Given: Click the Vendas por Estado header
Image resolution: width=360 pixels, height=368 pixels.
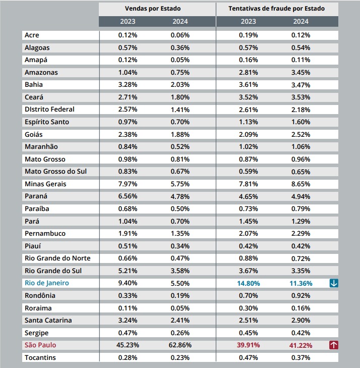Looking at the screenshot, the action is point(153,9).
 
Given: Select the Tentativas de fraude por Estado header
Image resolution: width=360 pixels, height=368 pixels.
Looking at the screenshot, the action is point(277,9).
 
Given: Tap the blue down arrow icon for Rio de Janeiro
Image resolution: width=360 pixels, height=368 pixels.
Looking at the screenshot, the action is point(334,283).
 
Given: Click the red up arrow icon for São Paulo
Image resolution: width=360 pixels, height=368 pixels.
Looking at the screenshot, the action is point(334,345).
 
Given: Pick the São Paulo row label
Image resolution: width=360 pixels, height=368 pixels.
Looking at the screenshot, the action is point(40,345).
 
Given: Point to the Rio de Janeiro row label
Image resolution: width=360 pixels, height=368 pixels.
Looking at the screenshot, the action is point(47,283).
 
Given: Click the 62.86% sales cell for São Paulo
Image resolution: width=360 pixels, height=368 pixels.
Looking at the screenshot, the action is point(180,345).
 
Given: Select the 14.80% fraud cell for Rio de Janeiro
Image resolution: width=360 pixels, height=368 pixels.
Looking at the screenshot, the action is point(249,284).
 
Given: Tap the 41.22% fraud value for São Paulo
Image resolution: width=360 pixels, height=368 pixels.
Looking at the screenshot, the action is point(301,345).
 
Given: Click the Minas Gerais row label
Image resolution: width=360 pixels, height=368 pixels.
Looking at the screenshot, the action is point(45,184).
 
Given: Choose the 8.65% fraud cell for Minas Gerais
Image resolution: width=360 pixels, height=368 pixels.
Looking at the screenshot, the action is point(301,184).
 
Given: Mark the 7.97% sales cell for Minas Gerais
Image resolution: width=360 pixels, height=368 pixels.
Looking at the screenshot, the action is point(128,184).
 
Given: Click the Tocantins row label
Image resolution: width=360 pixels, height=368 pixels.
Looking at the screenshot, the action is point(40,358).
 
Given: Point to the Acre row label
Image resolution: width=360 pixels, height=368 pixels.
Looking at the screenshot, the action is point(32,35).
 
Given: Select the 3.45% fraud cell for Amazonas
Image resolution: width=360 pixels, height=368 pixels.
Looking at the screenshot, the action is point(301,73).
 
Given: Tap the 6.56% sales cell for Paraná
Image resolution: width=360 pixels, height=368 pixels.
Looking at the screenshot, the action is point(128,196).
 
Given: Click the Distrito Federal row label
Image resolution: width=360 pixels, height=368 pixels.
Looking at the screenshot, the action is point(49,110).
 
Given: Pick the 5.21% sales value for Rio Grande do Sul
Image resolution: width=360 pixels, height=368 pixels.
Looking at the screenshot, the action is point(128,271).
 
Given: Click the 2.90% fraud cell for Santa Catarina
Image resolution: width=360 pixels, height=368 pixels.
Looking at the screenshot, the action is point(301,321).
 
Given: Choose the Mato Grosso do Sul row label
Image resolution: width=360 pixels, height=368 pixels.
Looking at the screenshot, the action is point(56,172).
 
